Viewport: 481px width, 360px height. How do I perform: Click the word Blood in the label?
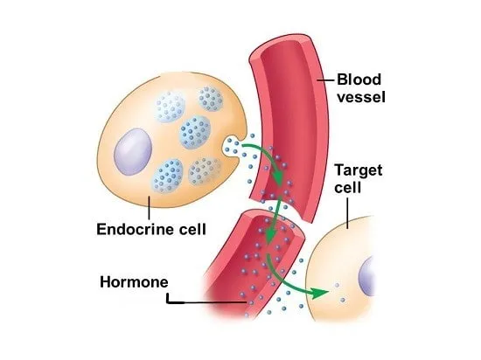[359, 80]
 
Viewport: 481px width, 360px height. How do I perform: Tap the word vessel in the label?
[361, 97]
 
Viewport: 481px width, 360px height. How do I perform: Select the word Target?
[359, 170]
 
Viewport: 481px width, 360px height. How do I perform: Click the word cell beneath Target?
[347, 187]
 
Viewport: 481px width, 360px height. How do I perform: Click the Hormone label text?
[134, 282]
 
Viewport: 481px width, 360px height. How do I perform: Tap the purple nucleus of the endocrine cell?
[133, 152]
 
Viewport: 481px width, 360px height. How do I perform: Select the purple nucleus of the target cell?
[366, 277]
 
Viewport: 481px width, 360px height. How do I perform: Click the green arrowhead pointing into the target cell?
[319, 294]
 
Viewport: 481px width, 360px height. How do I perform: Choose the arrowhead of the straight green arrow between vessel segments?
[270, 237]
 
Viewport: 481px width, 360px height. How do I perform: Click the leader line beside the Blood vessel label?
[325, 80]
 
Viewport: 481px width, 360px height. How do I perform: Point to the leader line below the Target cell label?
[347, 213]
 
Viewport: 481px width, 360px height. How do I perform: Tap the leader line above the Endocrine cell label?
[149, 208]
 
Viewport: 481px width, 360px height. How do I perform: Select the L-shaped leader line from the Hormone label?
[206, 302]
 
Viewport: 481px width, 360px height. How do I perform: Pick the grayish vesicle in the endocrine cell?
[205, 171]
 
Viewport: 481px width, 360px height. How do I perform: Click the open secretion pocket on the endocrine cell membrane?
[231, 146]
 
